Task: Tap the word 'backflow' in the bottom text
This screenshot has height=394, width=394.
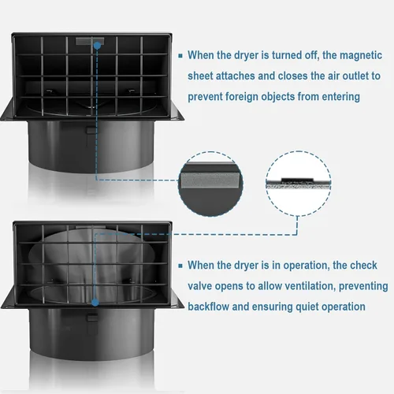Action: (x=210, y=307)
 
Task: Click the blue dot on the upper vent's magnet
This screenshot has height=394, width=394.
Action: (x=95, y=46)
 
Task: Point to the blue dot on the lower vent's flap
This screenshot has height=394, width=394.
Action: (x=94, y=302)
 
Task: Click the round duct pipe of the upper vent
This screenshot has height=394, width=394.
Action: (x=95, y=142)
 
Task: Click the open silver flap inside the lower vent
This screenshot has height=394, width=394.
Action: (x=95, y=260)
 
